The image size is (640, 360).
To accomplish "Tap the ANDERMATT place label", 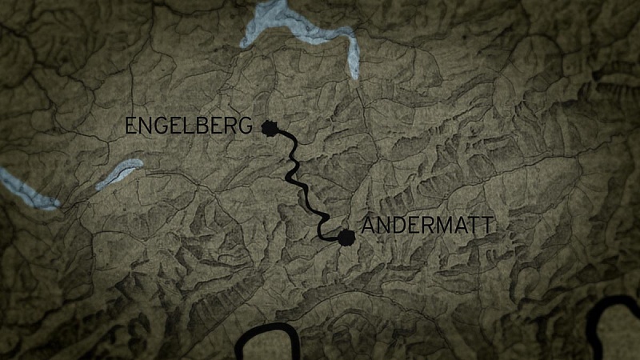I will coord(427,225).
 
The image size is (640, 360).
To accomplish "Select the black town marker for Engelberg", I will coord(270,126).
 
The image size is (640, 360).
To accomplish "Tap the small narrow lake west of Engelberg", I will coord(120,174).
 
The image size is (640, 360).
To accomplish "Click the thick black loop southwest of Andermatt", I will coord(268,342).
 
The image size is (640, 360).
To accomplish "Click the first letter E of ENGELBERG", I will coord(130,126).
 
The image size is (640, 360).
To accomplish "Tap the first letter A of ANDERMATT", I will coord(369,225).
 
